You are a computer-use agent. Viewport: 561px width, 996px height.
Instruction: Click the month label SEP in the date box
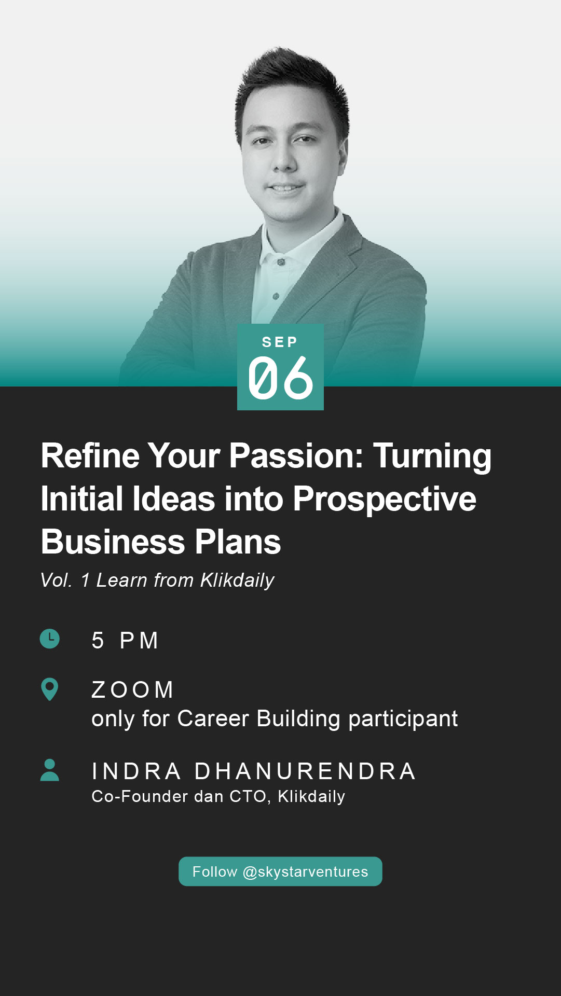[280, 342]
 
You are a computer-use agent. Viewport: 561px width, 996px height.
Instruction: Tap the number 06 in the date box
[281, 378]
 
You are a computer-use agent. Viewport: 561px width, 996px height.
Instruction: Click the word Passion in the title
[296, 456]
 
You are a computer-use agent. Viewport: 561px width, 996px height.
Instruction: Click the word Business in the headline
[113, 542]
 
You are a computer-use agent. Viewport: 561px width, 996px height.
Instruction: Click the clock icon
[50, 639]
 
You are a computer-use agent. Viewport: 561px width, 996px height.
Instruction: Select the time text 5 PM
[125, 641]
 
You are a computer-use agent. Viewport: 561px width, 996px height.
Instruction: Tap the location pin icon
[49, 689]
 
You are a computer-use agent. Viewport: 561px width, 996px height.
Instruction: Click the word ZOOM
[132, 690]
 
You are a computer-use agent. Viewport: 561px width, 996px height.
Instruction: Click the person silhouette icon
[50, 770]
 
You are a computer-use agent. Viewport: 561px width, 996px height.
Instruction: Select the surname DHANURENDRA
[305, 771]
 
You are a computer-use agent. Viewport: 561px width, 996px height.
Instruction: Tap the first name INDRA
[136, 771]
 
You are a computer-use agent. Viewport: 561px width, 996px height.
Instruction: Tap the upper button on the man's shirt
[281, 262]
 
